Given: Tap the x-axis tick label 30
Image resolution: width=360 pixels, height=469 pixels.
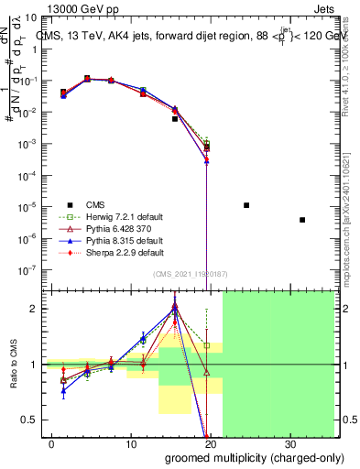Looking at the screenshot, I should click(290, 444).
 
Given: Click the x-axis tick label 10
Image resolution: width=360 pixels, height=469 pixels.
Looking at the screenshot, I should click(131, 444).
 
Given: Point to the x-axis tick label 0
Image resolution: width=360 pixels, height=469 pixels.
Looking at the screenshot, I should click(52, 444).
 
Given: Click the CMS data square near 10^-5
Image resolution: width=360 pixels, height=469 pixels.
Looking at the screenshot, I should click(246, 205).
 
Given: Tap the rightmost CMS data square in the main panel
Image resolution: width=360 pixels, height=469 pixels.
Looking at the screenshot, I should click(302, 220).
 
